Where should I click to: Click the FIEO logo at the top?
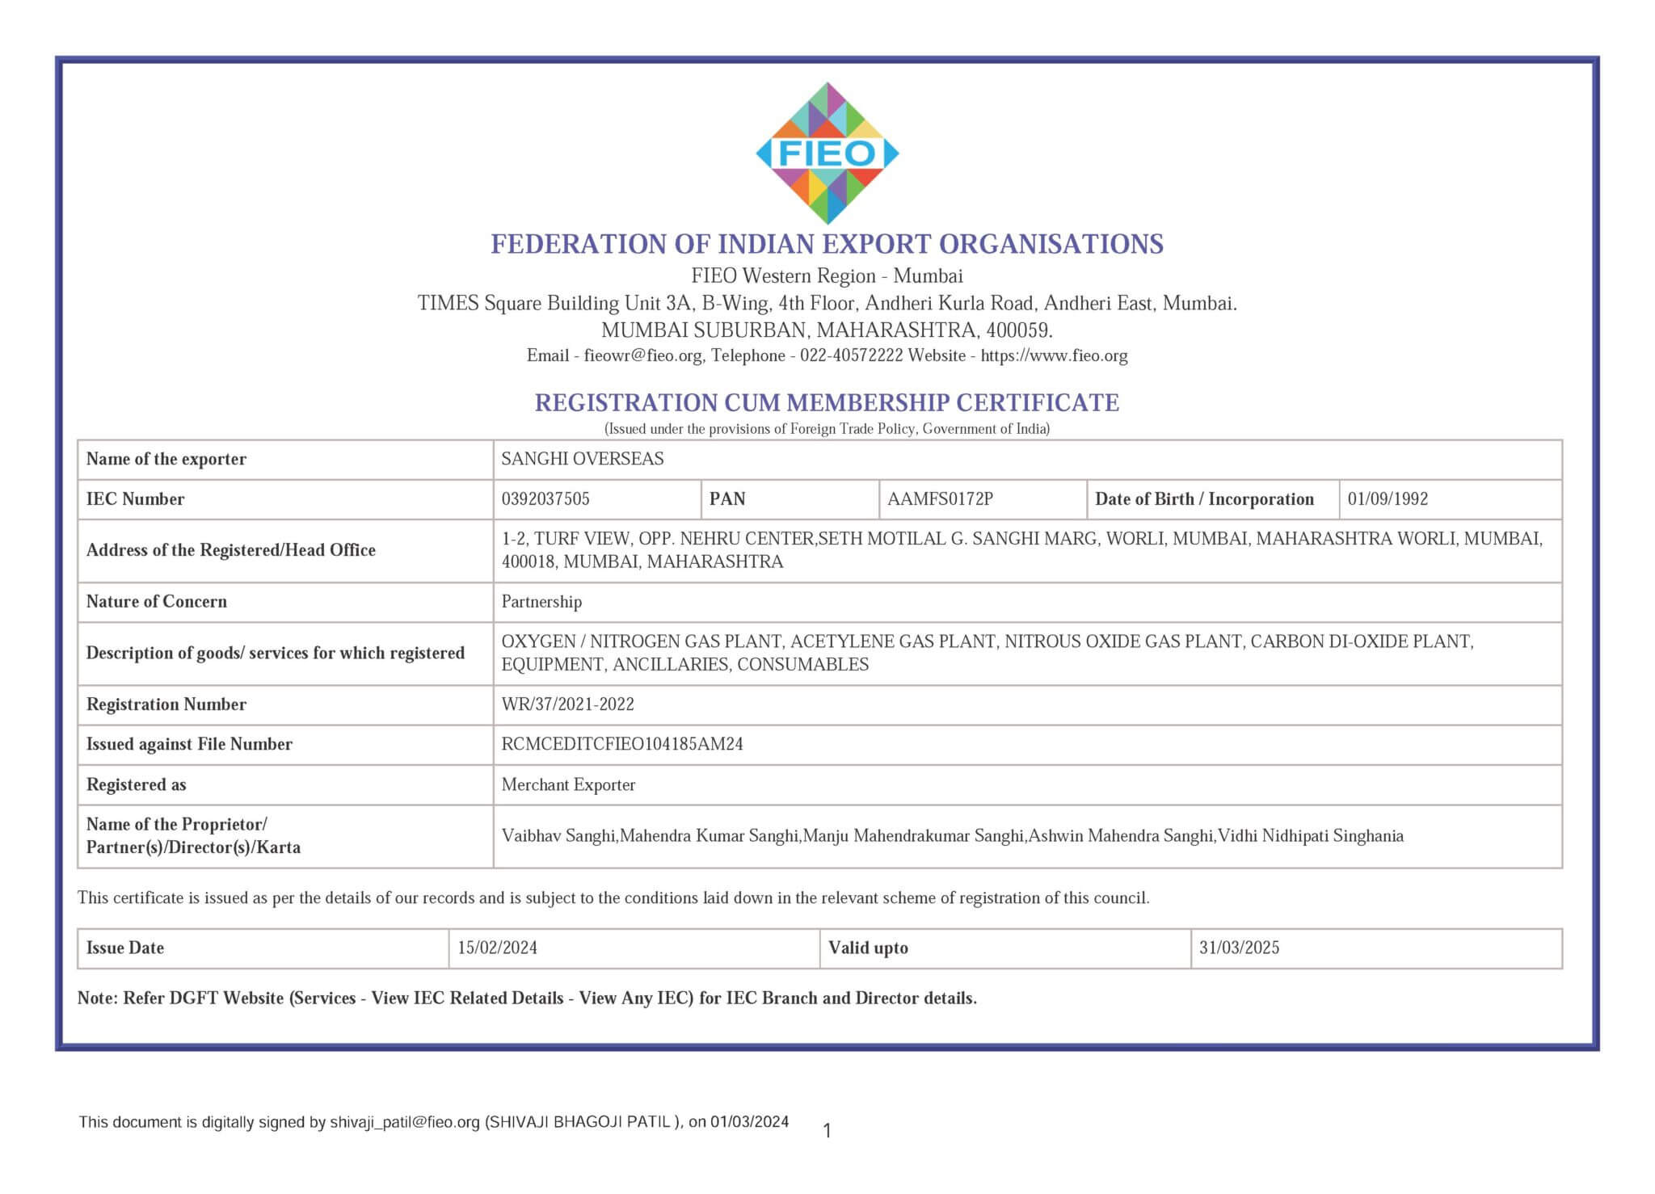[x=827, y=153]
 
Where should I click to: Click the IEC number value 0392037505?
[x=545, y=499]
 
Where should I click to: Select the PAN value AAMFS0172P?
[x=940, y=499]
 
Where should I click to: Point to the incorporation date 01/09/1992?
[x=1388, y=499]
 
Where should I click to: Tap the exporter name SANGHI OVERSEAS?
[x=582, y=459]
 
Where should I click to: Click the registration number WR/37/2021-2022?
[x=567, y=704]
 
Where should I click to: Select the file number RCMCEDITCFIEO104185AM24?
[x=621, y=744]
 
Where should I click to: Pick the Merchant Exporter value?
[x=568, y=784]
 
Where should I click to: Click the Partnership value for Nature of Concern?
[x=541, y=602]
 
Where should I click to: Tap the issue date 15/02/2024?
[x=497, y=948]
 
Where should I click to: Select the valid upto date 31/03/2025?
[x=1239, y=948]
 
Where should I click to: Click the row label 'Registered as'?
[x=136, y=784]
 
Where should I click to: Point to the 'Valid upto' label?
[x=868, y=948]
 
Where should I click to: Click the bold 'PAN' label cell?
[x=727, y=499]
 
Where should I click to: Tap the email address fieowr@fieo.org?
[x=643, y=355]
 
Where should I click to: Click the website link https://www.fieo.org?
[x=1054, y=355]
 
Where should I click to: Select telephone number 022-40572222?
[x=851, y=355]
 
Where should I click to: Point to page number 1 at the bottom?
[x=827, y=1131]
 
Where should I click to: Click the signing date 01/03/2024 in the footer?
[x=749, y=1121]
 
